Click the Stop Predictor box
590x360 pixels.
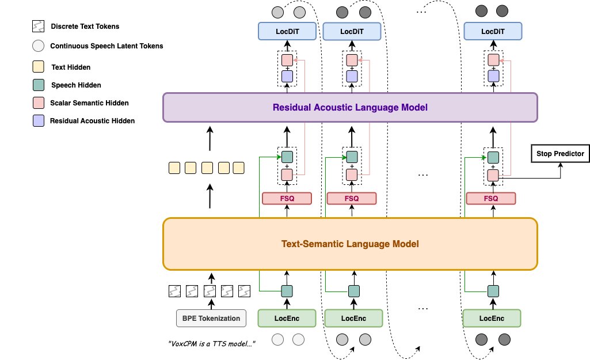(x=559, y=154)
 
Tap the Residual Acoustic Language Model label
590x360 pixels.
(x=350, y=107)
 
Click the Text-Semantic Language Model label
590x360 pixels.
(x=350, y=244)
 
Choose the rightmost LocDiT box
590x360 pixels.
(x=493, y=31)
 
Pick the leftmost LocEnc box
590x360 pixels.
(x=287, y=318)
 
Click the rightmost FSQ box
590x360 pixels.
(x=492, y=199)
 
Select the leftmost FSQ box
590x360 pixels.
(x=287, y=199)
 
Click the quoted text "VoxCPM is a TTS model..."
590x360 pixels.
(x=212, y=344)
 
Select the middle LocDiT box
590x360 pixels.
(x=352, y=31)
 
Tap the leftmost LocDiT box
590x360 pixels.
(x=287, y=31)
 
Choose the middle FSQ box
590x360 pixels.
(x=352, y=199)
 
